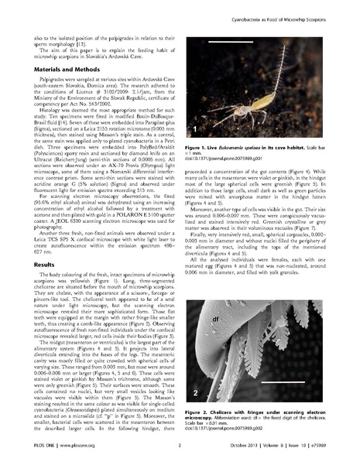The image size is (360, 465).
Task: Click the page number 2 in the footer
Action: click(x=179, y=456)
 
